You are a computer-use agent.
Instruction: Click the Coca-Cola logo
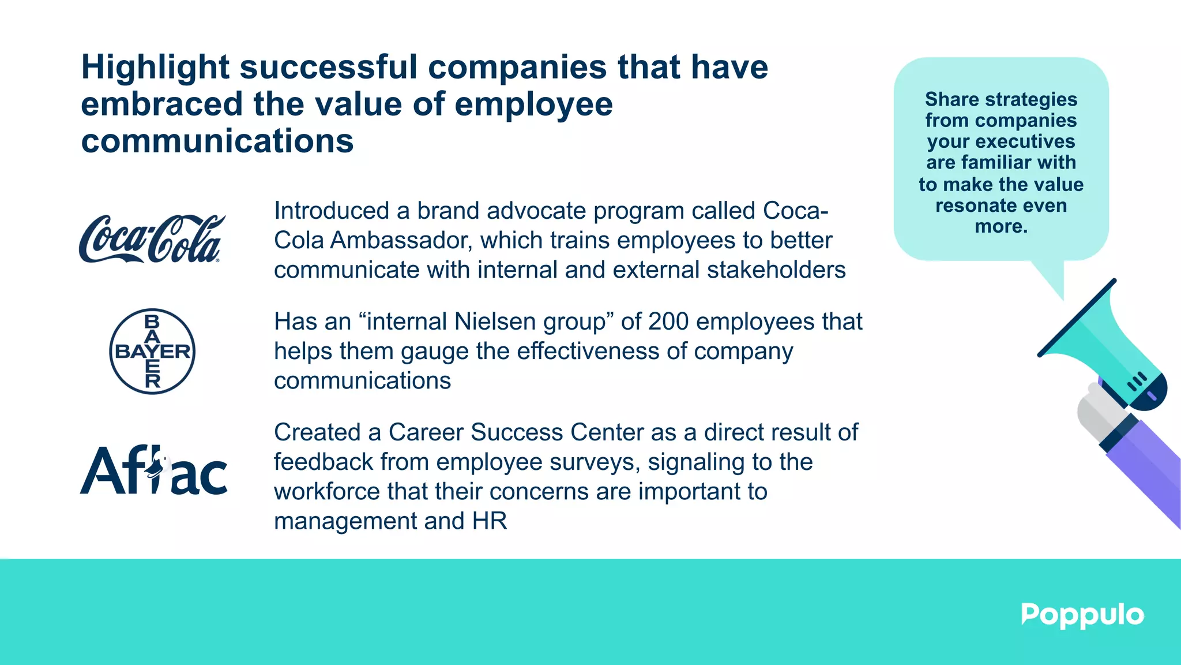pyautogui.click(x=152, y=239)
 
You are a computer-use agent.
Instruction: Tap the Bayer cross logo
pyautogui.click(x=152, y=351)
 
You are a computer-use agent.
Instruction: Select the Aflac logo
pyautogui.click(x=153, y=470)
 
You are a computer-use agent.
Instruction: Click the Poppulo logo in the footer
pyautogui.click(x=1082, y=615)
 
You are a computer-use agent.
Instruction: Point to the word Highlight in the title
pyautogui.click(x=155, y=68)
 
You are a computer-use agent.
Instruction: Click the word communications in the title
pyautogui.click(x=217, y=141)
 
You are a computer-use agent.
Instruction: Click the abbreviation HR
pyautogui.click(x=490, y=521)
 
